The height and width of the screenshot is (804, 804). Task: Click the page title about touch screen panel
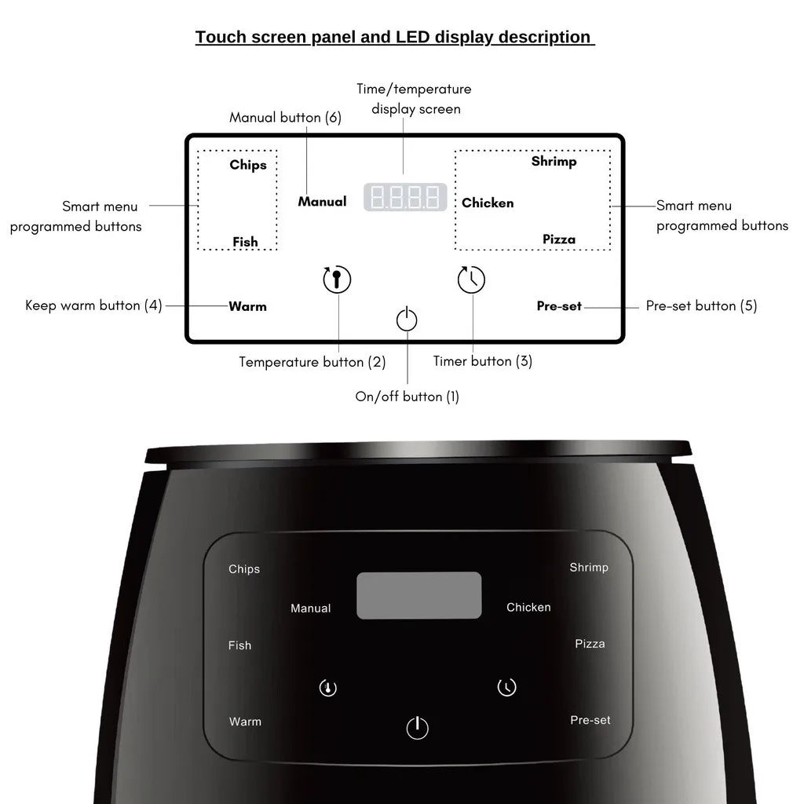(394, 37)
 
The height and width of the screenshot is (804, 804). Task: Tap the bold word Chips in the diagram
(248, 165)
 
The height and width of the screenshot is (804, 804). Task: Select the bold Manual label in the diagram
(322, 202)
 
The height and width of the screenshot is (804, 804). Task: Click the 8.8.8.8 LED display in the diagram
(405, 197)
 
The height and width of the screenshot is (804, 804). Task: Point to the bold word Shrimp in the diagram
(554, 161)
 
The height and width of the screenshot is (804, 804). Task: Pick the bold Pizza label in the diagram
(559, 239)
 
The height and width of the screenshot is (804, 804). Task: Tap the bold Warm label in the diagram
(247, 306)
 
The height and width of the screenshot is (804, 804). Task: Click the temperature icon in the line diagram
(337, 280)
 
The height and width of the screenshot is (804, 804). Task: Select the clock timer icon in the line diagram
(472, 280)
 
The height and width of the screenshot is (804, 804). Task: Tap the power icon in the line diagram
(407, 320)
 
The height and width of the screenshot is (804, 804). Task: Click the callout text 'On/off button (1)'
(407, 397)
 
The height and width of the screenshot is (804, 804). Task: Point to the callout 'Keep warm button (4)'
(93, 305)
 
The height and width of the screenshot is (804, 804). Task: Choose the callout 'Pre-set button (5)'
(701, 305)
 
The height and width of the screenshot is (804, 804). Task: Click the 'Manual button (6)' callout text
(285, 118)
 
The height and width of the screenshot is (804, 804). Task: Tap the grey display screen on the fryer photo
(418, 595)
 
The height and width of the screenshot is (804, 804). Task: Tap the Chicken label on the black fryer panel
(528, 607)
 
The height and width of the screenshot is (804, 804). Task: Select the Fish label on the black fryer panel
(239, 645)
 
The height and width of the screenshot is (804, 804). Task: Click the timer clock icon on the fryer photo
(507, 688)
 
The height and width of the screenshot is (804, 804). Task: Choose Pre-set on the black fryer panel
(590, 720)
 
